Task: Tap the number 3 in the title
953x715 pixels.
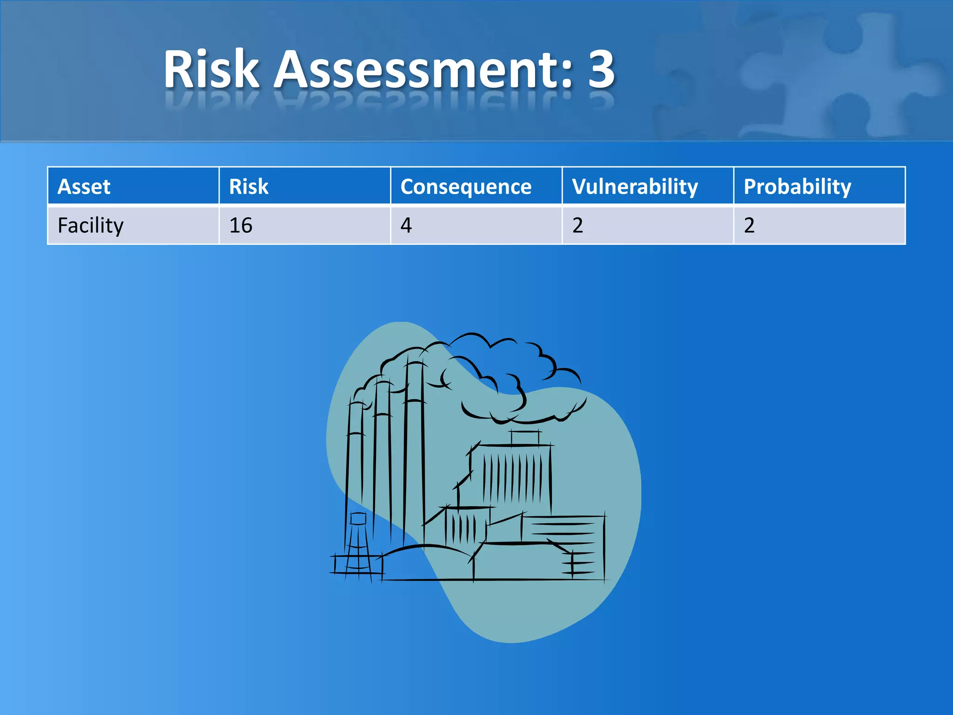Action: (601, 70)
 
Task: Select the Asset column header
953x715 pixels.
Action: (84, 187)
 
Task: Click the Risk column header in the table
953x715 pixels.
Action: (248, 187)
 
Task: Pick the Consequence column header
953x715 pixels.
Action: (466, 187)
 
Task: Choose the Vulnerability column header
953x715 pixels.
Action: (635, 187)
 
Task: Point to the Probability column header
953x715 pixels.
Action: (797, 187)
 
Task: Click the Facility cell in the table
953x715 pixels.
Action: (91, 226)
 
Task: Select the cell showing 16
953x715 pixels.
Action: (241, 226)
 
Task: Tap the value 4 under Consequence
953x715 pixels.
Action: (406, 226)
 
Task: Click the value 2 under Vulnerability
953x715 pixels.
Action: (577, 226)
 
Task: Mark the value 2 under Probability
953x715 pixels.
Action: (749, 226)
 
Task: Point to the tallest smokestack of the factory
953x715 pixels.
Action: (414, 447)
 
